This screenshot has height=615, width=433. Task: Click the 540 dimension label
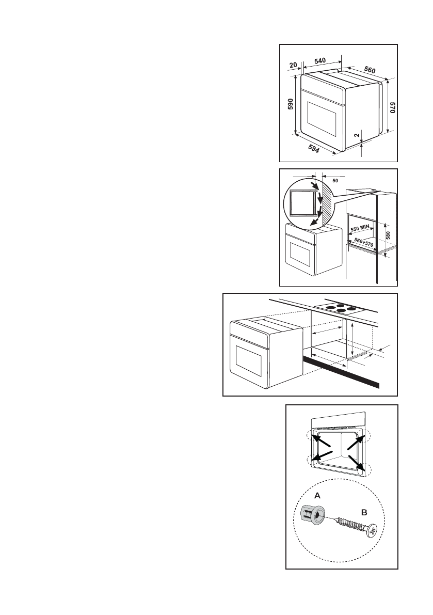320,60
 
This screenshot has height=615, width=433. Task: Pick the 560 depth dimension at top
370,70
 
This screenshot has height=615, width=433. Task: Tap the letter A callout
317,495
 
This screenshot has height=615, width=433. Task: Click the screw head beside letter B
372,530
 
